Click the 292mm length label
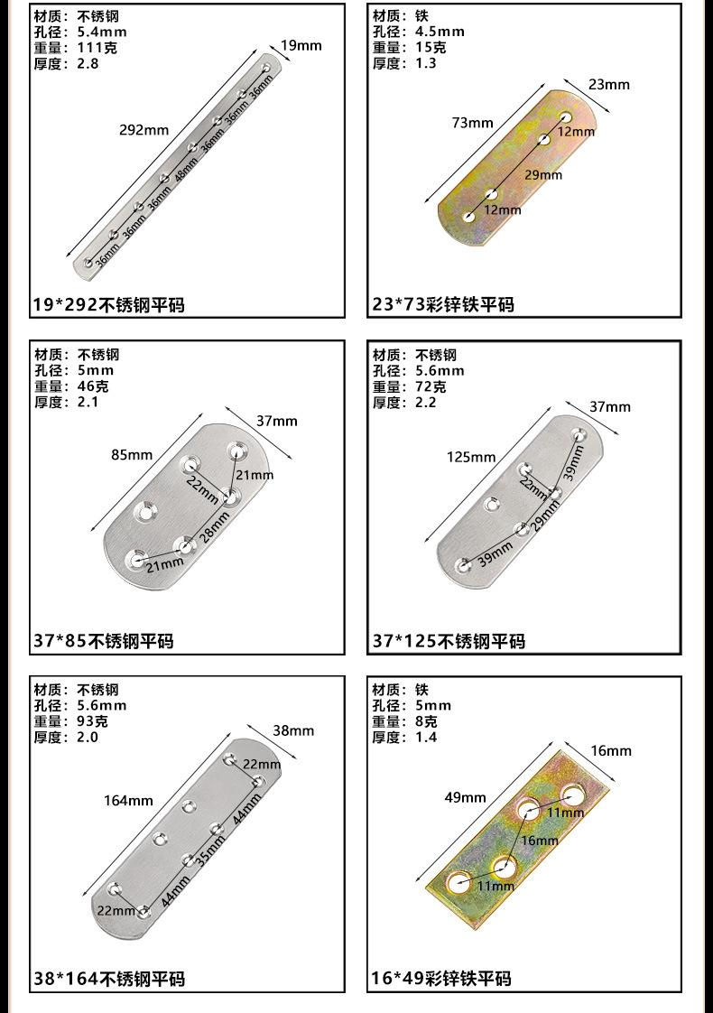144,130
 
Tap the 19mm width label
301,45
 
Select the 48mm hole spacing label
186,169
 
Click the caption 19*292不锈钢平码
109,304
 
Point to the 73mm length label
473,123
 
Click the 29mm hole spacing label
543,174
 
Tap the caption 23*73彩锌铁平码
443,304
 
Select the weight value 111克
97,47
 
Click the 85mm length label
132,454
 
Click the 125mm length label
471,457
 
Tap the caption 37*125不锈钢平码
449,642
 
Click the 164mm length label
128,801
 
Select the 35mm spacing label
211,850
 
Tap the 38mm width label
293,730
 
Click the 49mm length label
465,797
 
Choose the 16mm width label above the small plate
611,750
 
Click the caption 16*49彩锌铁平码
441,979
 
